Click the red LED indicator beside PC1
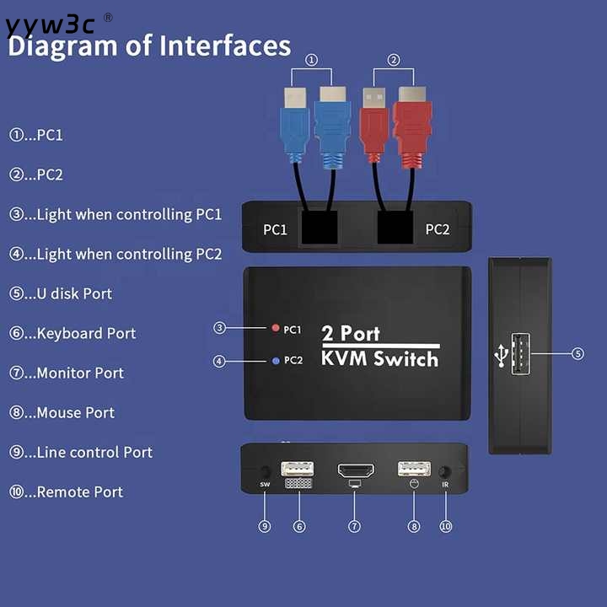275,328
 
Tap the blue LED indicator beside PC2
276,361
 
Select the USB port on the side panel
521,354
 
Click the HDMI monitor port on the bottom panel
356,470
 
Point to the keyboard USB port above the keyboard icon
298,469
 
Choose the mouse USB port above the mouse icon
414,469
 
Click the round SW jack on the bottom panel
266,471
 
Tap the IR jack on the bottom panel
445,472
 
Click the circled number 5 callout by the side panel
577,353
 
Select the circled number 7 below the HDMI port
354,526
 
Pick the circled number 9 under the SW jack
265,526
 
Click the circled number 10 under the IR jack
446,526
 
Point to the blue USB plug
295,125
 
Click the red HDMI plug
412,128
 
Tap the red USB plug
373,125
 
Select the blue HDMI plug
332,128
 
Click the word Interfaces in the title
225,46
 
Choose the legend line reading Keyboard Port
73,334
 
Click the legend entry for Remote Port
66,492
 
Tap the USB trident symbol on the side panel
502,356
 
